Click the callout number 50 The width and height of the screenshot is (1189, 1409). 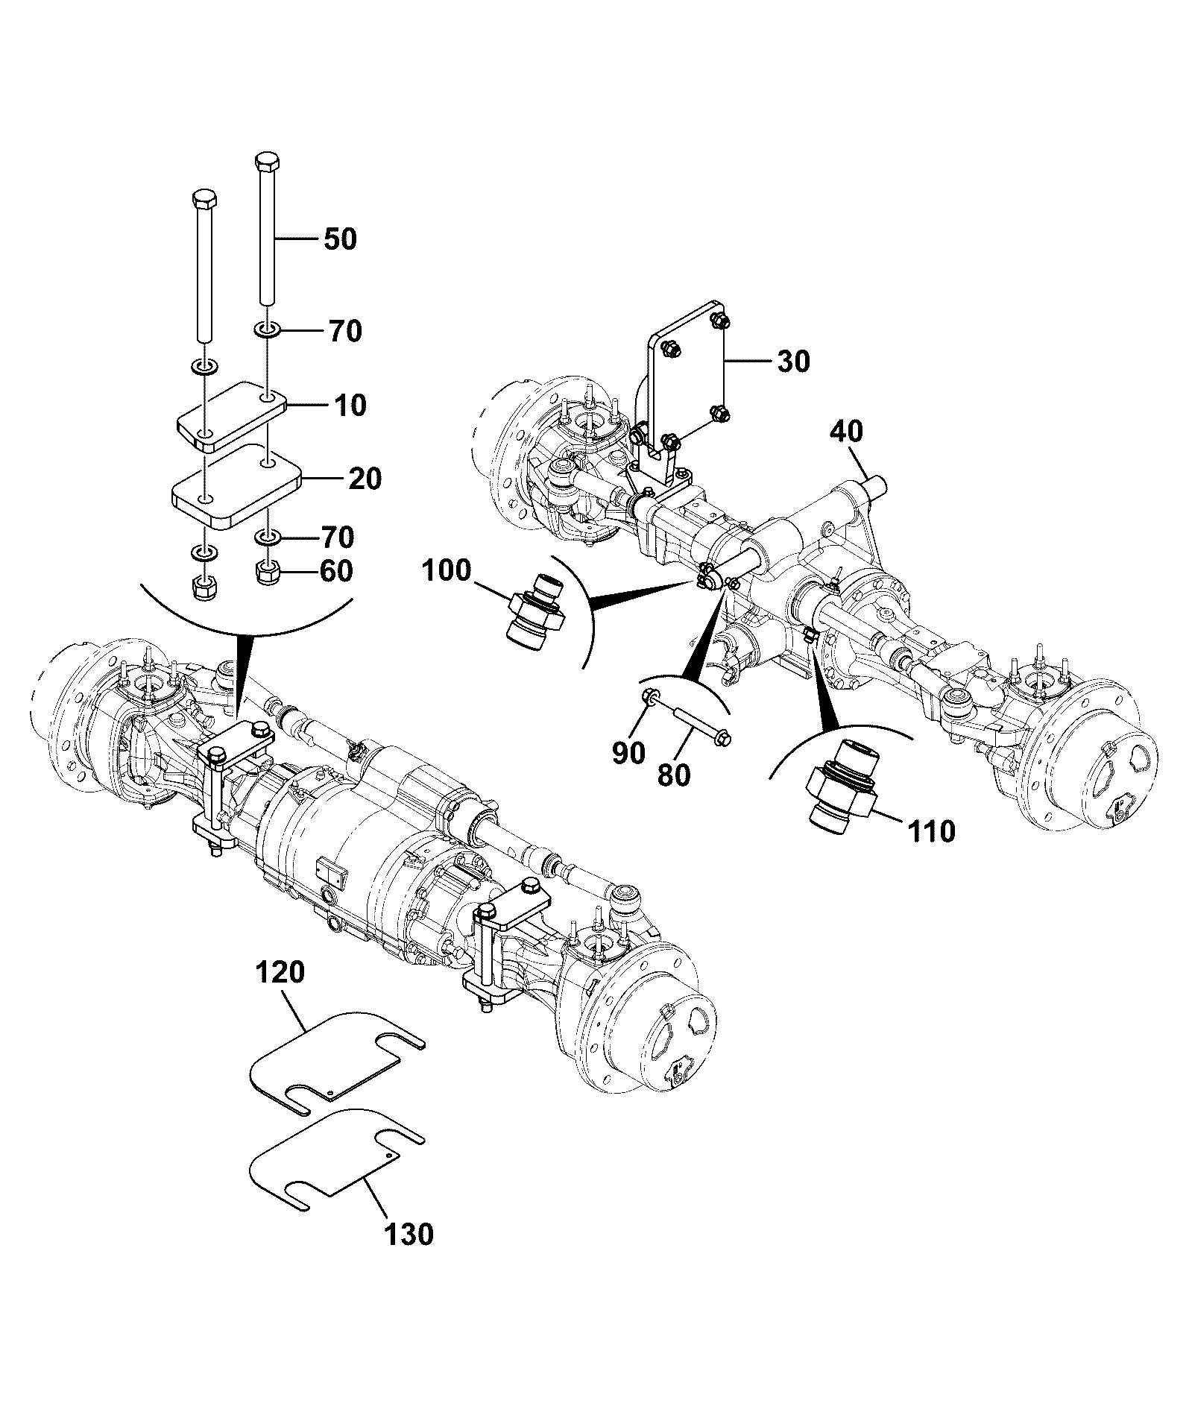tap(340, 239)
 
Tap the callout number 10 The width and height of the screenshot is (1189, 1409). tap(350, 406)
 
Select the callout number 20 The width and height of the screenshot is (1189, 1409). tap(365, 479)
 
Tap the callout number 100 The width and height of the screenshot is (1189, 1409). tap(447, 572)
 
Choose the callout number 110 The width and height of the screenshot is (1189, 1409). tap(931, 830)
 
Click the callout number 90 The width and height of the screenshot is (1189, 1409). tap(628, 753)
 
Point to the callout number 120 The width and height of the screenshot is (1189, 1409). tap(280, 973)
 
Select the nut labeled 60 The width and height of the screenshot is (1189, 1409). tap(267, 573)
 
